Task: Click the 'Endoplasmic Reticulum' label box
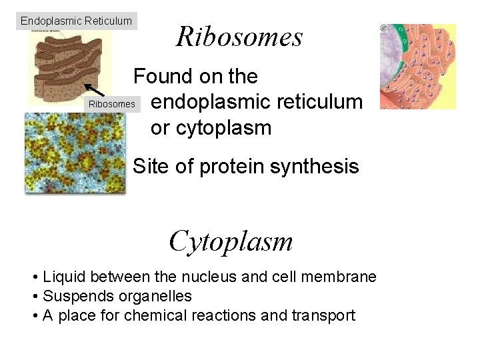click(76, 21)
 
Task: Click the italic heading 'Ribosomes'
click(239, 37)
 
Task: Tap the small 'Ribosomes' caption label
click(112, 104)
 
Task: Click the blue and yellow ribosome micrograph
click(74, 153)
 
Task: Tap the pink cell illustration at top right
click(417, 67)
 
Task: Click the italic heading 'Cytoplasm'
click(231, 241)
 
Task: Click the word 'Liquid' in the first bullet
click(64, 277)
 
